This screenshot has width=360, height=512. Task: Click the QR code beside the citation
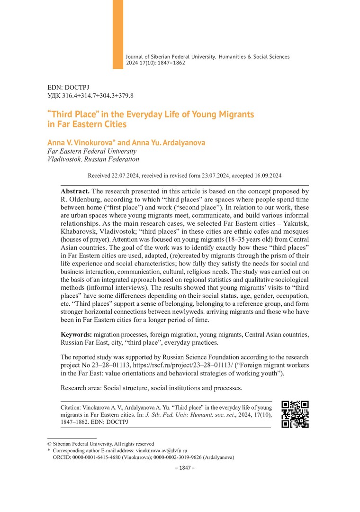295,414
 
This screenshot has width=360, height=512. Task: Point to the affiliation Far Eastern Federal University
92,151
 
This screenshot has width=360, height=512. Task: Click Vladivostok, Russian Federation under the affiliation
93,159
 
